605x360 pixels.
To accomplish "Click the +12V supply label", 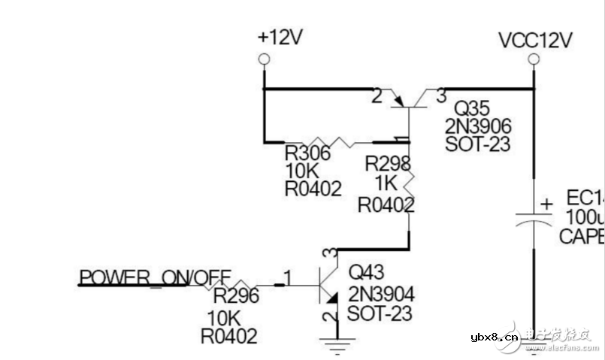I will coord(280,38).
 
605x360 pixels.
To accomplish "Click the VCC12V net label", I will coord(536,40).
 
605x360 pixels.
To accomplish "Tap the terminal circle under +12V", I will coord(264,59).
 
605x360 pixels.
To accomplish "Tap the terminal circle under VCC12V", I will coord(533,59).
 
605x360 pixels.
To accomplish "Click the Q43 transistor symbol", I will coord(330,286).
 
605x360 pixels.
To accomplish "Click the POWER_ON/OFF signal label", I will coord(155,277).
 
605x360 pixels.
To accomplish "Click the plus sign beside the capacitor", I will coord(546,203).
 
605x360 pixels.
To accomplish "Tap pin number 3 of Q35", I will coord(440,95).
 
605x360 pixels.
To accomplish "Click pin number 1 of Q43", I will coord(287,277).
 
